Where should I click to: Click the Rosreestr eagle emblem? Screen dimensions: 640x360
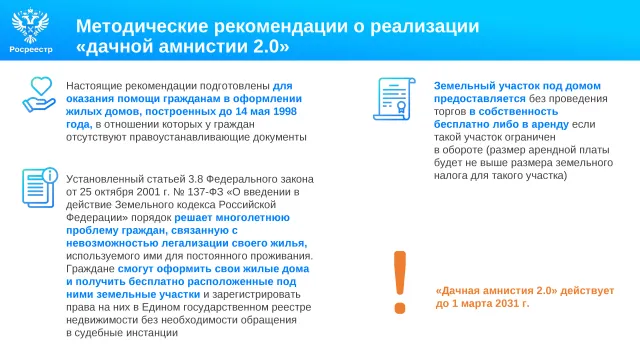click(x=31, y=25)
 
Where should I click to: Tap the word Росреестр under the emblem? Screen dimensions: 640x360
click(x=31, y=49)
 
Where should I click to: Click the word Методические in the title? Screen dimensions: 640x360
click(x=142, y=26)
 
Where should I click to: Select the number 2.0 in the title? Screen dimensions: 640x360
click(x=265, y=46)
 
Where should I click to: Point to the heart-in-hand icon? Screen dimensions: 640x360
click(x=39, y=95)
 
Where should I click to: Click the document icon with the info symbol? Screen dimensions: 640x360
click(x=40, y=187)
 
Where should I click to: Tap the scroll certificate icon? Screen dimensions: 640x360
click(x=394, y=99)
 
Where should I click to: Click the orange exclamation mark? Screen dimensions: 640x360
click(x=400, y=282)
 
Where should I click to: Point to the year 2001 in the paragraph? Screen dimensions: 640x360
click(x=149, y=192)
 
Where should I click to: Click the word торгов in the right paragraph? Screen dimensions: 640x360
click(x=450, y=112)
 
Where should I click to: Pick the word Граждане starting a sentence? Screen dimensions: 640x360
click(x=90, y=269)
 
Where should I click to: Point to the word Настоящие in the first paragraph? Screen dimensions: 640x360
click(x=94, y=86)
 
